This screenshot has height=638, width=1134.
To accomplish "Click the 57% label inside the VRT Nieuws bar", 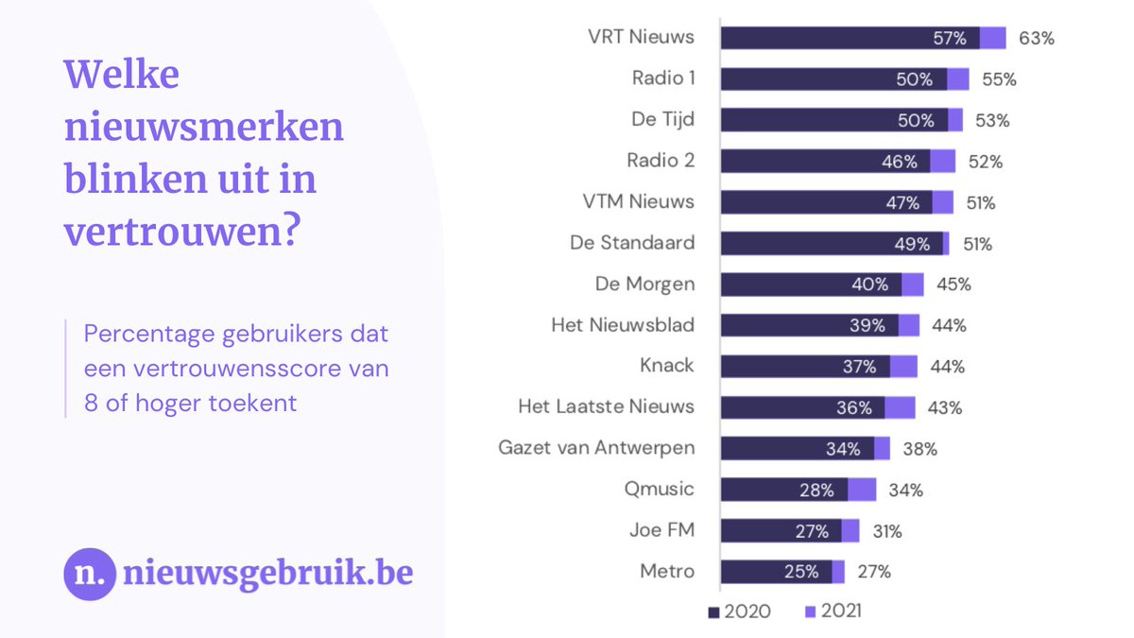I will pos(949,38).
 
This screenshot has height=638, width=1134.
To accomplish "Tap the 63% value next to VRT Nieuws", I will pos(1036,38).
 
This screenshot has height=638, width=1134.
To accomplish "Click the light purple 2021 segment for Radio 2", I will pos(942,161).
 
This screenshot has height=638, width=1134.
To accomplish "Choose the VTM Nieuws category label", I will pos(638,201).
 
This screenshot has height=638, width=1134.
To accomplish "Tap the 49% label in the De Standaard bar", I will pos(912,243).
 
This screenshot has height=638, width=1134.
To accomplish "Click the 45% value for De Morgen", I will pos(953,284).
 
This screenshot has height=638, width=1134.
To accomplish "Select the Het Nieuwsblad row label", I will pos(623,325).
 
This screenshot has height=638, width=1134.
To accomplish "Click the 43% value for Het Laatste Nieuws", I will pos(944,407).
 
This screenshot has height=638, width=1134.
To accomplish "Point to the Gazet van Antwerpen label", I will pos(596,448).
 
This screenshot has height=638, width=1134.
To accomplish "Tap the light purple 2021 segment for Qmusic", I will pos(862,490).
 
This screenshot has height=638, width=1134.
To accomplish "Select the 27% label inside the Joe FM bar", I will pos(812,530).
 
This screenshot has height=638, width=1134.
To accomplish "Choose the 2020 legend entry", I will pos(740,612).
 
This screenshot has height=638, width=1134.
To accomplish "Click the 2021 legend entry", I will pos(833,612).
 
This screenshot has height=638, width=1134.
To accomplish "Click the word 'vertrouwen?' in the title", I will pos(180,231).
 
